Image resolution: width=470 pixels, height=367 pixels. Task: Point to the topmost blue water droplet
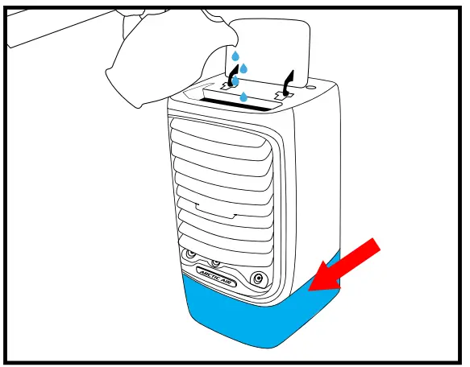click(x=235, y=57)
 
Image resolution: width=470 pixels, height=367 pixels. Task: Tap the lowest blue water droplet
click(x=243, y=97)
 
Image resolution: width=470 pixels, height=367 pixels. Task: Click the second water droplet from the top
click(x=243, y=68)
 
